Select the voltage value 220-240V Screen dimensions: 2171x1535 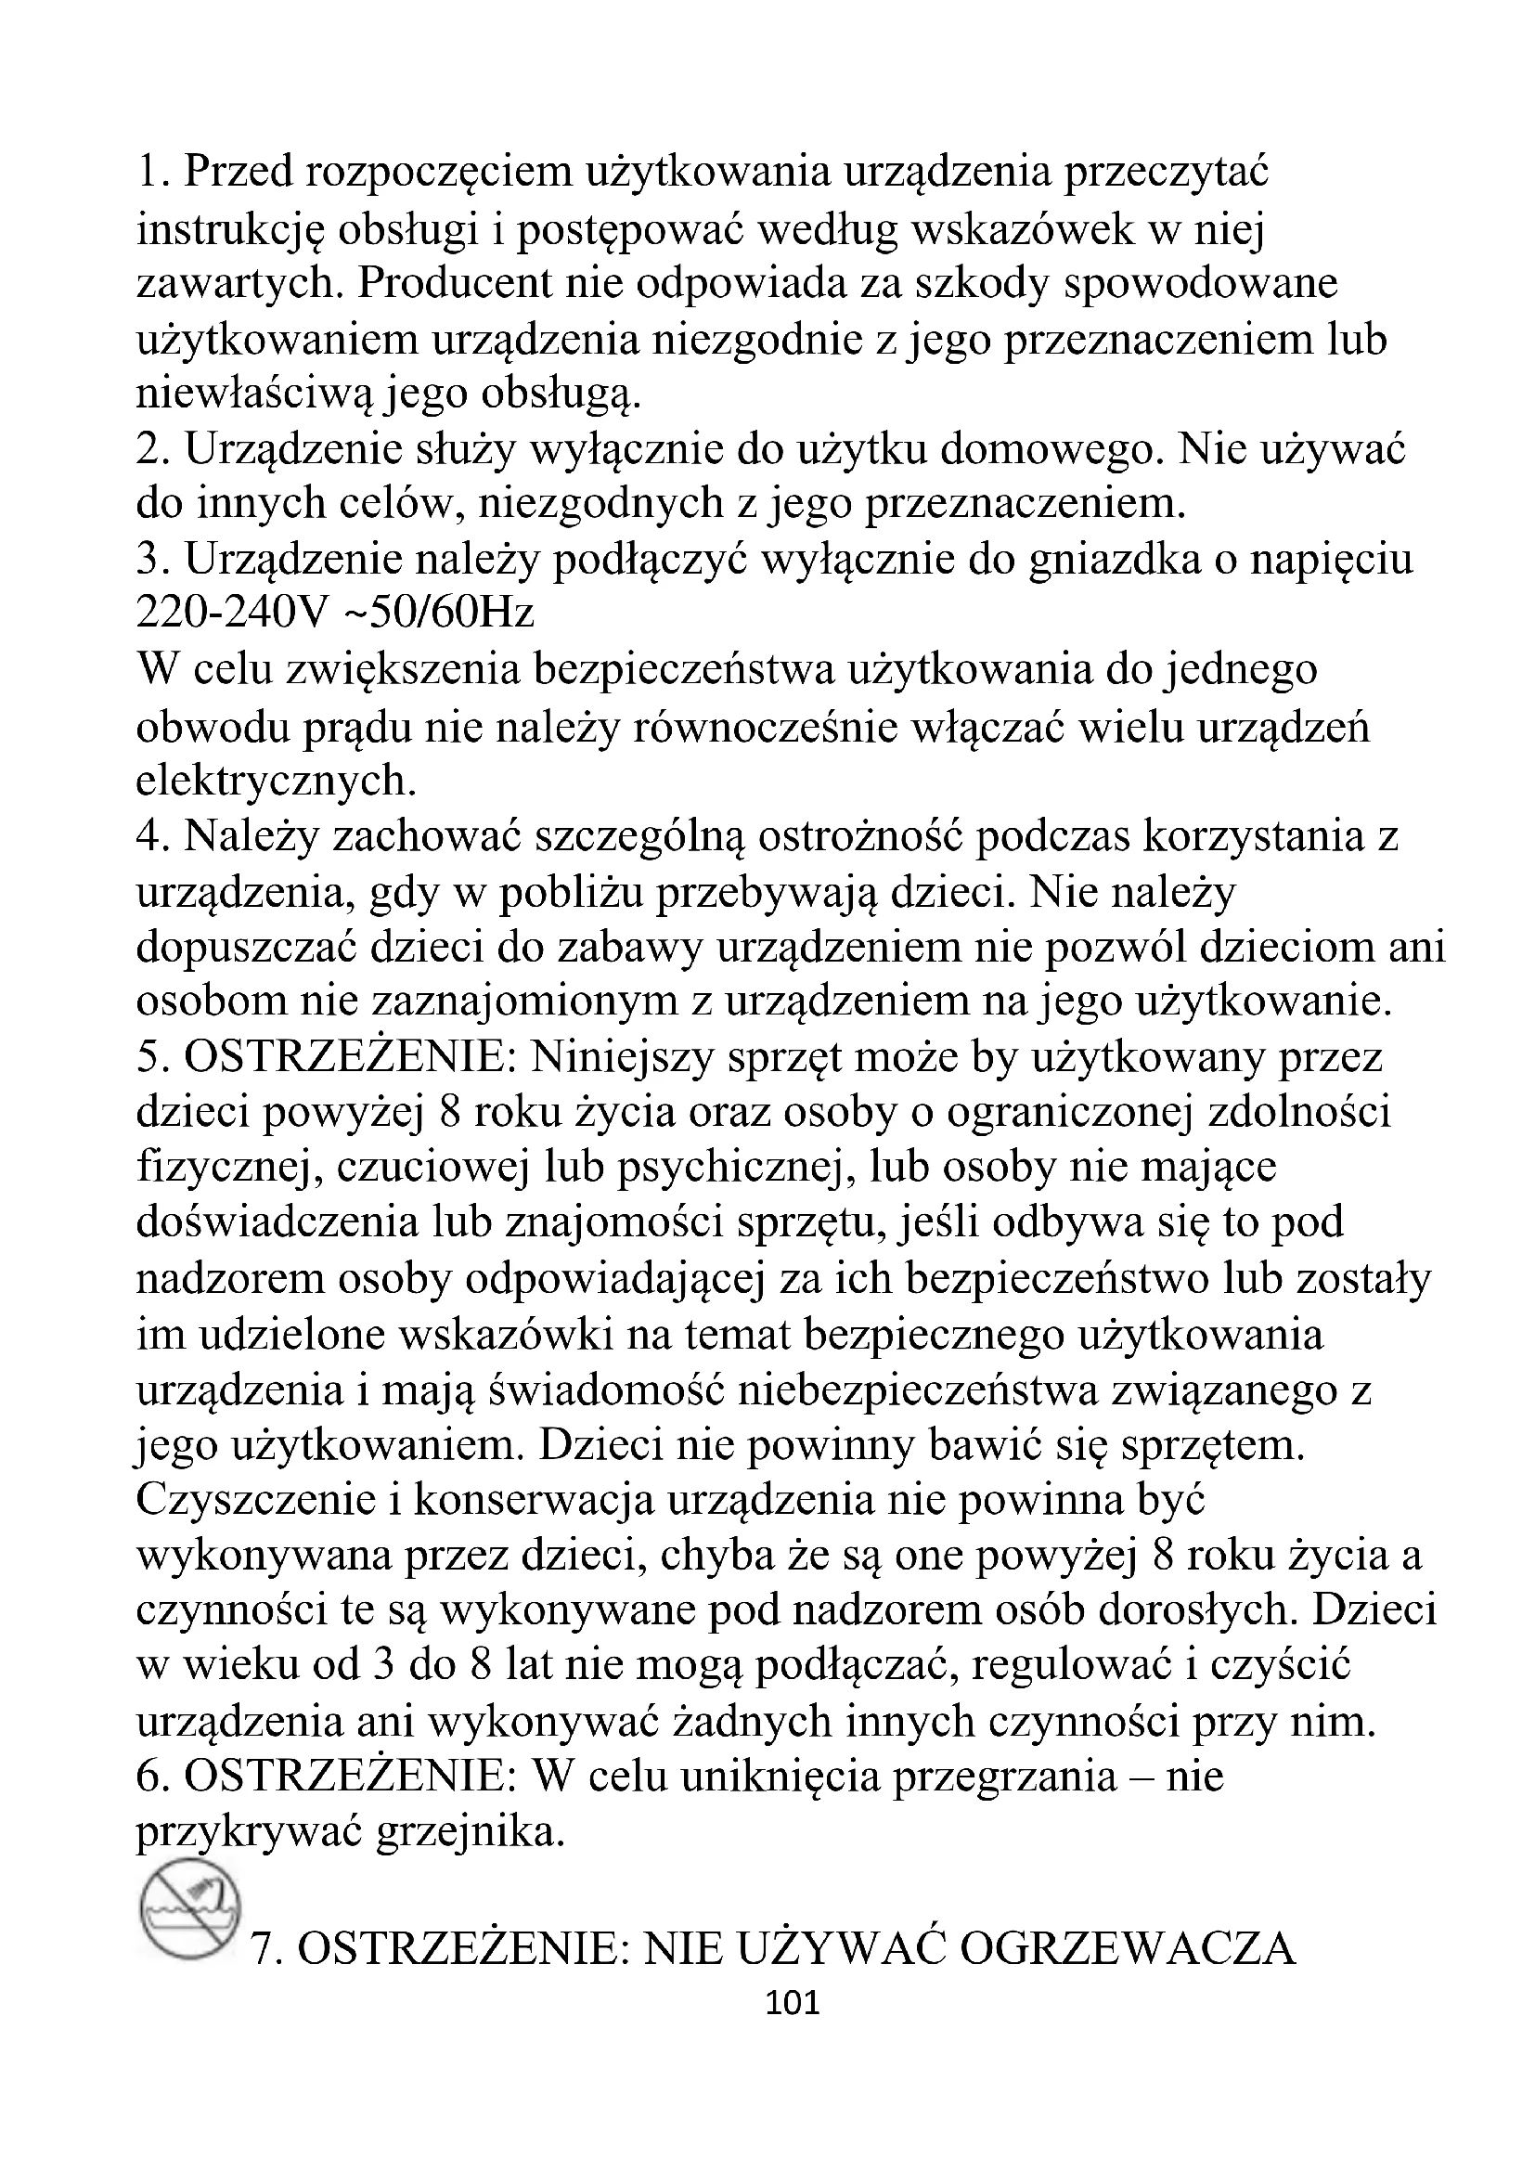tap(229, 614)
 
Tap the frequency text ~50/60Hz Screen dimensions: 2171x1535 tap(438, 614)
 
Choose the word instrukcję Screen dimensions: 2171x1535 tap(231, 230)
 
